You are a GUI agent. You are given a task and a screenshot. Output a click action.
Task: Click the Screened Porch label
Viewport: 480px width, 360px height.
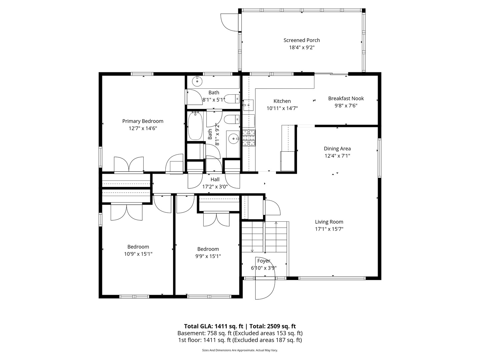pos(302,40)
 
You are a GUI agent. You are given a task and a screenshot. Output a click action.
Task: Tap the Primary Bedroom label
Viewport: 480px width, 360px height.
pos(143,121)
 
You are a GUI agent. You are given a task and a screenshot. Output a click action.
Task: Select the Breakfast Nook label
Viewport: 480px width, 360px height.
pos(346,98)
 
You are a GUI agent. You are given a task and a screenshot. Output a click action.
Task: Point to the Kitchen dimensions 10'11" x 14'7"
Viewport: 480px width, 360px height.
pos(282,108)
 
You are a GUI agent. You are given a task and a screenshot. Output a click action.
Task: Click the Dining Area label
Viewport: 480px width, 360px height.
pos(337,149)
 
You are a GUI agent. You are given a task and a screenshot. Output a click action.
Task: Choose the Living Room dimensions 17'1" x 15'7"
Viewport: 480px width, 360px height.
pos(329,229)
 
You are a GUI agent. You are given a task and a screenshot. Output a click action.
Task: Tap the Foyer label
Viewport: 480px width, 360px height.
pos(264,261)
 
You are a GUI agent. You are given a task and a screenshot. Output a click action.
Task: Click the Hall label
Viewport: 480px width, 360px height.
pos(215,179)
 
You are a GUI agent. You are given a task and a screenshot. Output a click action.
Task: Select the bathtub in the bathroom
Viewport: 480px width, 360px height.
pos(195,126)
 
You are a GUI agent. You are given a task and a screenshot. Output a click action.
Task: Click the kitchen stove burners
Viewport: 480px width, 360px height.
pos(249,138)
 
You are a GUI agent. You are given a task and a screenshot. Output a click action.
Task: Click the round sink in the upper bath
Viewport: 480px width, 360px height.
pos(197,81)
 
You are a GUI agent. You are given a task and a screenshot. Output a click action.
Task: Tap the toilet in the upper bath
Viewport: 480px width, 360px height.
pos(232,99)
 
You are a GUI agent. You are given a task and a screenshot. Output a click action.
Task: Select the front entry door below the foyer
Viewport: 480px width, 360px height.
pos(265,289)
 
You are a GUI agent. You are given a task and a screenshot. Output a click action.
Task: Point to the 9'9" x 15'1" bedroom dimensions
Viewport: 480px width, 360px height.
pos(208,256)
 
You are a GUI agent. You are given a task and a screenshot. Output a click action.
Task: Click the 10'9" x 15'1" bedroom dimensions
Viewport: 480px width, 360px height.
pos(138,254)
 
